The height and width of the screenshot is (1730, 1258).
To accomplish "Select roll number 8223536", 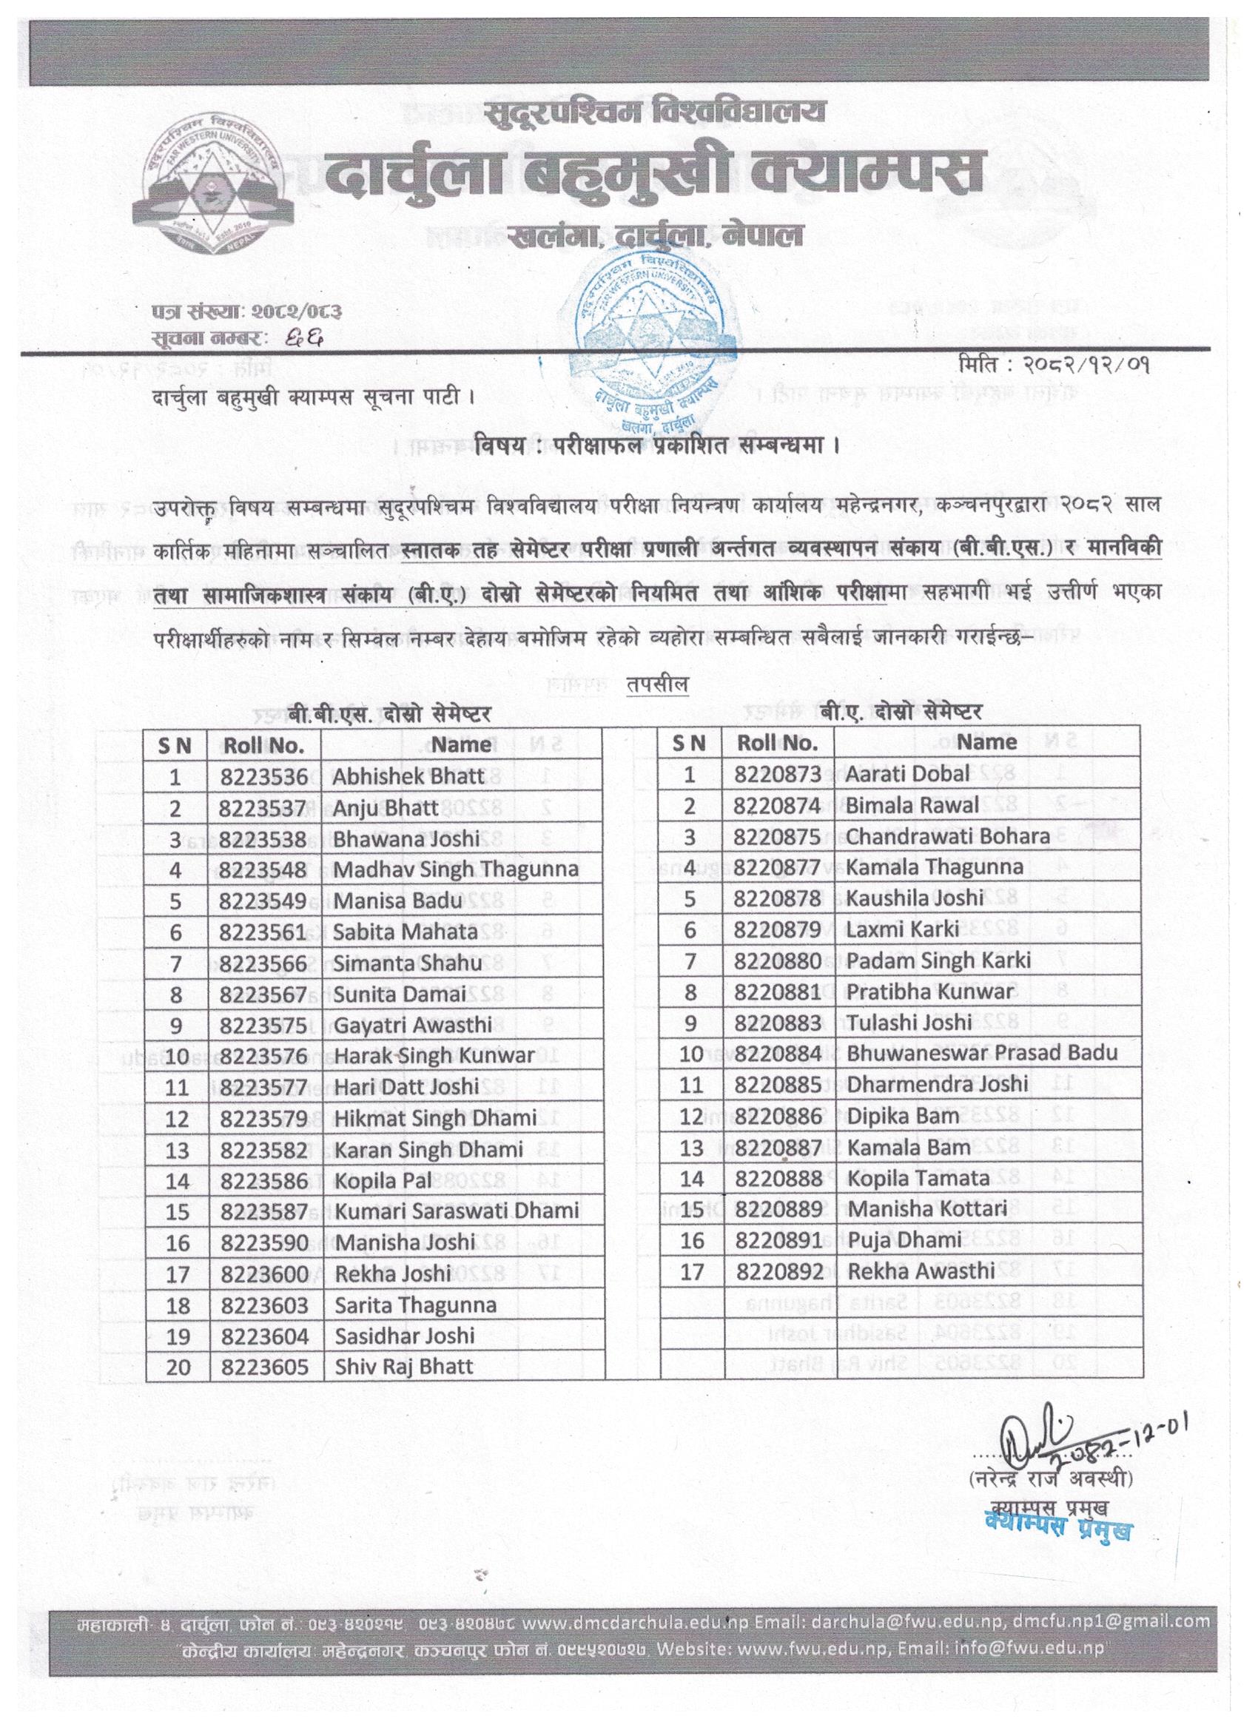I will (263, 775).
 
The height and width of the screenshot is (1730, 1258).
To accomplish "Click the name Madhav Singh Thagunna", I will (454, 869).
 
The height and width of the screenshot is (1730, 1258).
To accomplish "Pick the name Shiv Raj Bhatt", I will (404, 1366).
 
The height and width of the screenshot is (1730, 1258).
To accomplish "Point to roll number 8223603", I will (263, 1306).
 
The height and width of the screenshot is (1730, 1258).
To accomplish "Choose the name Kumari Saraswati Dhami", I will (456, 1211).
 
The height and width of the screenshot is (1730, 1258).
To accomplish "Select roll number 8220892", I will (778, 1271).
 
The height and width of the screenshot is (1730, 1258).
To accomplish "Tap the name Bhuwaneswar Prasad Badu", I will (982, 1054).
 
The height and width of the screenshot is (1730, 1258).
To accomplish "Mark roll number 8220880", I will (778, 960).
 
